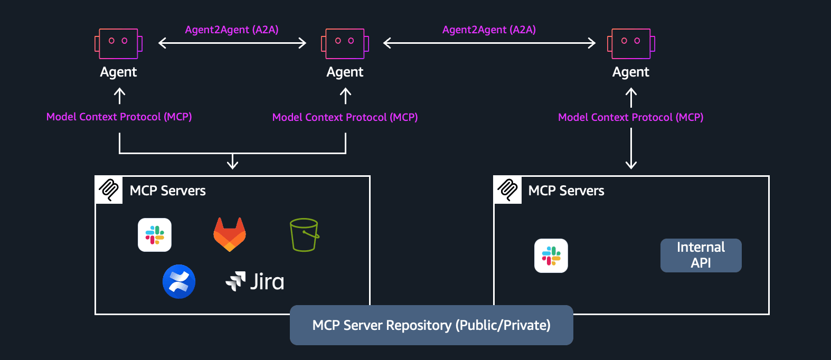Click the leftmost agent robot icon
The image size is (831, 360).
118,43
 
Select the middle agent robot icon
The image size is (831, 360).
345,43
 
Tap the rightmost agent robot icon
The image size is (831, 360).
631,43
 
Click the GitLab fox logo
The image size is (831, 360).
230,234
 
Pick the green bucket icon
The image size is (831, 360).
305,235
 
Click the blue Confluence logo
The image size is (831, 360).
179,281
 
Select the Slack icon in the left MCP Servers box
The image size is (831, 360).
155,235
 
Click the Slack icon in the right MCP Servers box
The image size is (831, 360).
551,256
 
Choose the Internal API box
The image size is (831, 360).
701,255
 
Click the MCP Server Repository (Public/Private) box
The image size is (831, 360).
431,325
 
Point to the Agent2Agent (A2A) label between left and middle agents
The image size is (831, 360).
232,30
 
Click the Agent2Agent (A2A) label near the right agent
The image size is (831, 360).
489,30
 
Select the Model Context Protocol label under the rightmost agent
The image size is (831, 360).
631,117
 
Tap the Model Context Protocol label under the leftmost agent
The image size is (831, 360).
119,117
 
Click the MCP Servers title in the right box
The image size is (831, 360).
566,191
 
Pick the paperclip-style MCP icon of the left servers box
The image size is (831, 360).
109,190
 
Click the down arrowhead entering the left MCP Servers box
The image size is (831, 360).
232,164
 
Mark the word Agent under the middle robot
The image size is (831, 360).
345,72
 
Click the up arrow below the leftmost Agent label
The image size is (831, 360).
120,96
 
